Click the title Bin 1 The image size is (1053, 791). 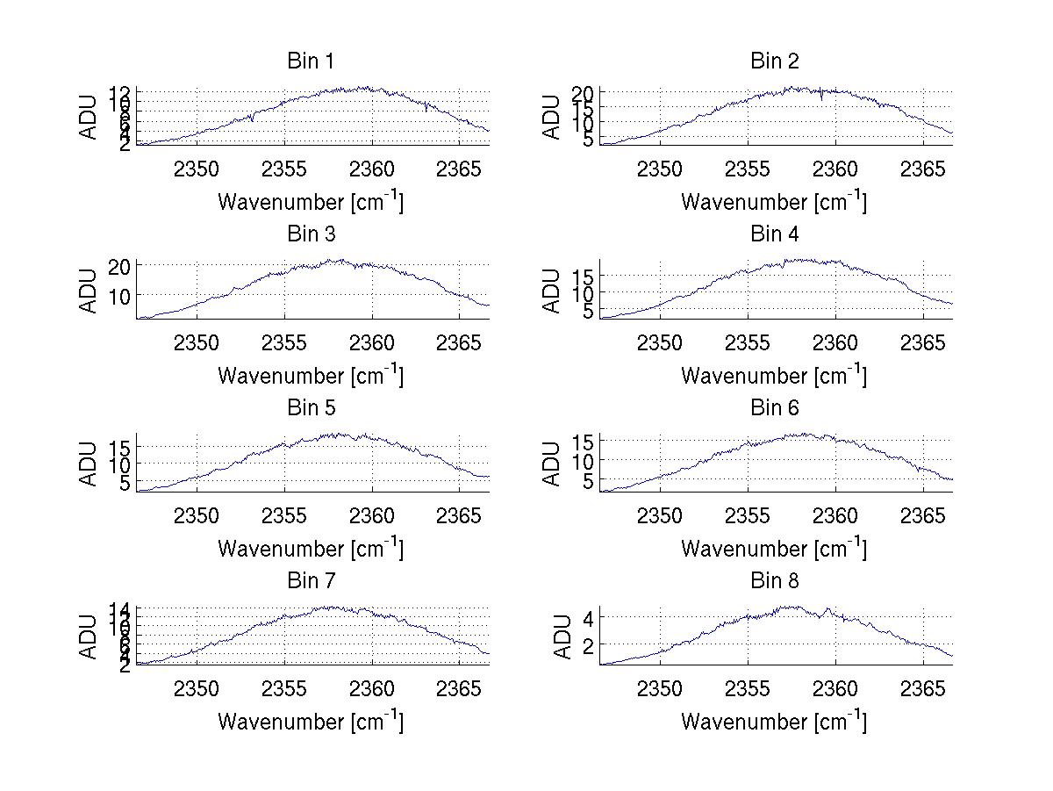pyautogui.click(x=311, y=61)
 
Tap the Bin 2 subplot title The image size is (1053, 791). pyautogui.click(x=775, y=61)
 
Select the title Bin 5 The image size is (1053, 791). pyautogui.click(x=311, y=408)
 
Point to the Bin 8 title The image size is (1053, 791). pyautogui.click(x=775, y=581)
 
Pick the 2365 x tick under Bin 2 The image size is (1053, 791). pyautogui.click(x=924, y=169)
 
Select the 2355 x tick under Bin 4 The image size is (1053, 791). pyautogui.click(x=748, y=342)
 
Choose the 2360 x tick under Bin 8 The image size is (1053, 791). pyautogui.click(x=835, y=688)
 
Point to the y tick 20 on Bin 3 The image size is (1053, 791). pyautogui.click(x=120, y=266)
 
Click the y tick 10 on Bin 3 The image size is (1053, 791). pyautogui.click(x=120, y=295)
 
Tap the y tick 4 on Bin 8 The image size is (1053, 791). pyautogui.click(x=589, y=618)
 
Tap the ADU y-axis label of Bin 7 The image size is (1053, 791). pyautogui.click(x=90, y=637)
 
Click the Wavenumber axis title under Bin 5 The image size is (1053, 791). pyautogui.click(x=311, y=549)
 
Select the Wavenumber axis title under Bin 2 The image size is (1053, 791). pyautogui.click(x=774, y=202)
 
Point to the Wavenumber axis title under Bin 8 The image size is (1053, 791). pyautogui.click(x=774, y=722)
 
